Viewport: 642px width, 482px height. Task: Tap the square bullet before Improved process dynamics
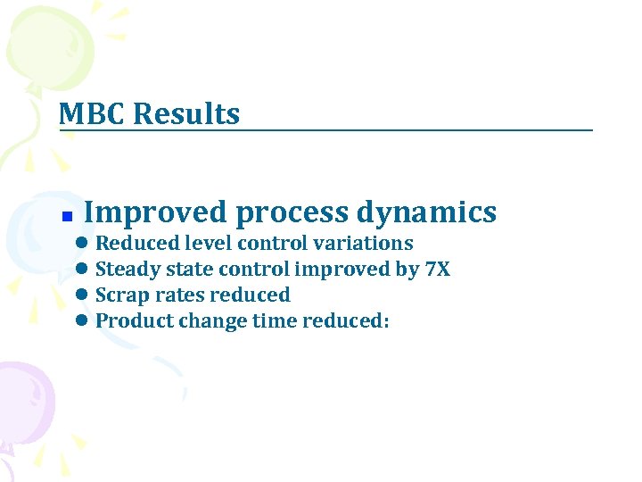click(66, 217)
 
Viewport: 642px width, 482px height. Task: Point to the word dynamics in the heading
click(426, 212)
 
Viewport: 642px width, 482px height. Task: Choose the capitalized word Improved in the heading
click(155, 212)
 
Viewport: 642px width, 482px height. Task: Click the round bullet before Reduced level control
click(81, 244)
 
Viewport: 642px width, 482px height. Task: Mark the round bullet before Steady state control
click(81, 270)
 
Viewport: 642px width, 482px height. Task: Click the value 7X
click(437, 269)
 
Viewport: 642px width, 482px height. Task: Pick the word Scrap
click(120, 295)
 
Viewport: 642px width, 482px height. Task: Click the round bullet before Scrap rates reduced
click(81, 295)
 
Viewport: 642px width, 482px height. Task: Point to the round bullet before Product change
click(81, 321)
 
